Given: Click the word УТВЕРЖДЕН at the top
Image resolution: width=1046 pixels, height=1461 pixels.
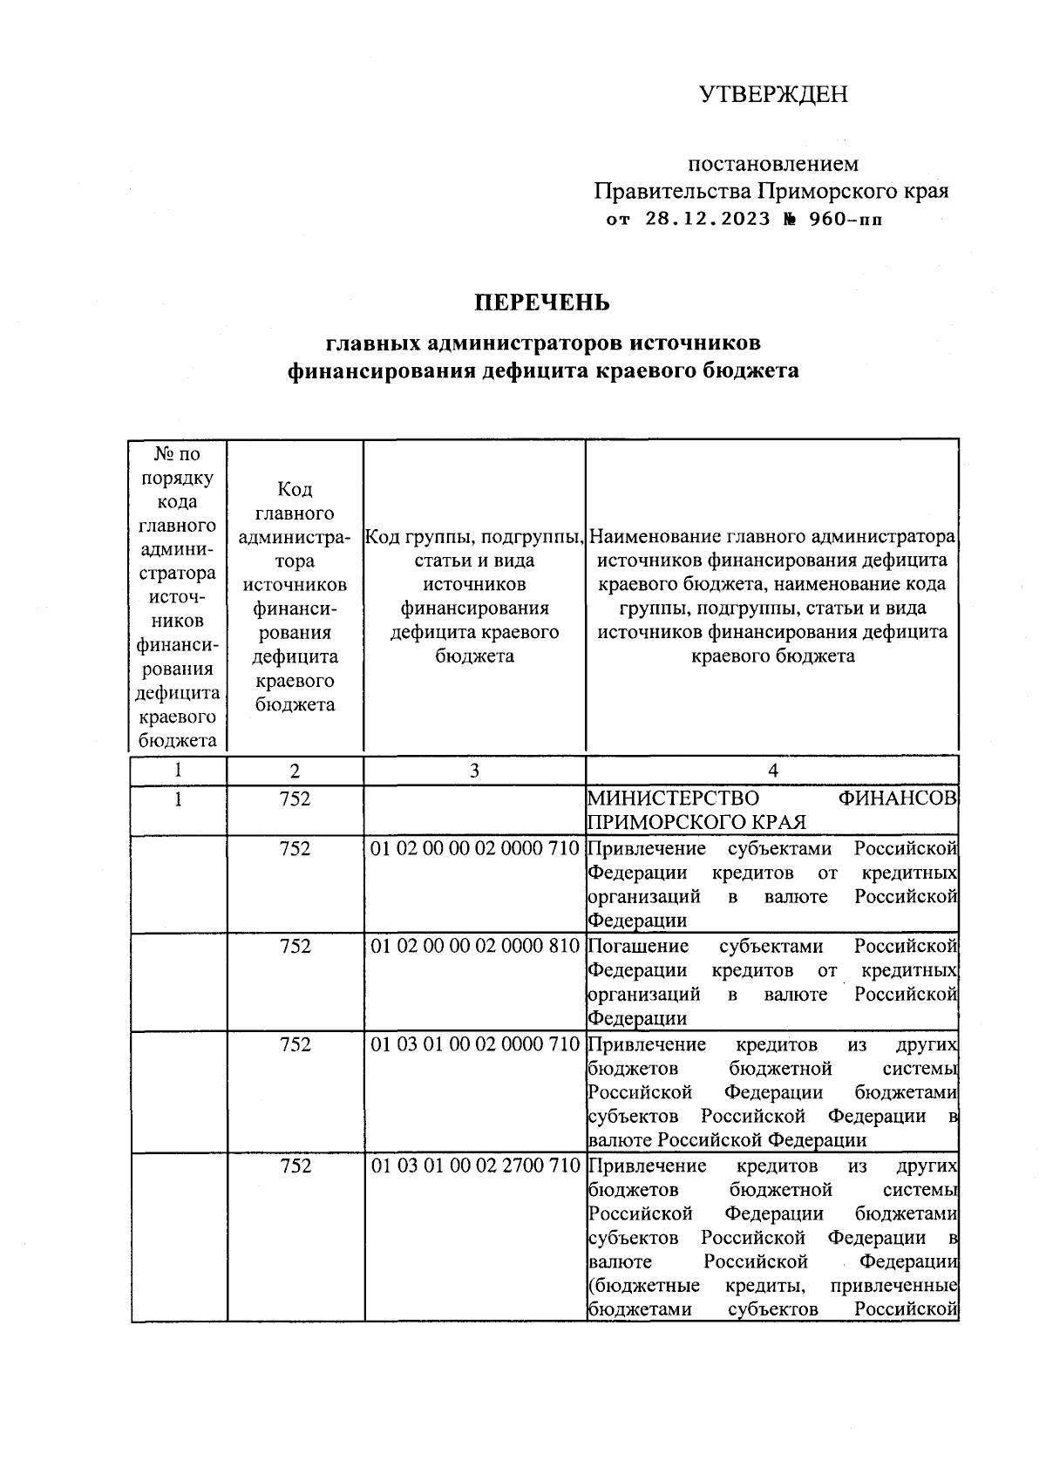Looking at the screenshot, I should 773,94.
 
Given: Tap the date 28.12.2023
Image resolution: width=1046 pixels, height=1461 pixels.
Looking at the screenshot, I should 708,219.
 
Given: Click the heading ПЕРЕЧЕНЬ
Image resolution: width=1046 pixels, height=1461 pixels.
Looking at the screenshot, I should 541,302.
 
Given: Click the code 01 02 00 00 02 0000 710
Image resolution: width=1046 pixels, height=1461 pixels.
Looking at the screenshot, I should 475,848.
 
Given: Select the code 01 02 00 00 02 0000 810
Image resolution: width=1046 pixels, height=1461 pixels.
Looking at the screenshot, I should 475,946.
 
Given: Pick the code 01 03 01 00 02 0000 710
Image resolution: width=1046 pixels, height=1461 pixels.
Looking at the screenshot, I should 475,1043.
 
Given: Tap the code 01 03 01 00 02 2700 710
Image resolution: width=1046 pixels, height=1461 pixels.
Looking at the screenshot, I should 475,1165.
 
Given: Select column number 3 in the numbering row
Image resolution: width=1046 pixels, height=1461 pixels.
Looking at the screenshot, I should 474,771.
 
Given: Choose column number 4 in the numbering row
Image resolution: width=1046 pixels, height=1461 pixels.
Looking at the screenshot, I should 772,771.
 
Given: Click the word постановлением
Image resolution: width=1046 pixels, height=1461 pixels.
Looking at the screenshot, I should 773,164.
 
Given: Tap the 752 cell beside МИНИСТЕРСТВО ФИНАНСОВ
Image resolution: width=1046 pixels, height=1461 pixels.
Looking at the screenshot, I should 295,798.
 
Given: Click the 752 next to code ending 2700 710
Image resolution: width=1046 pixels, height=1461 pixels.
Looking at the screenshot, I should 295,1165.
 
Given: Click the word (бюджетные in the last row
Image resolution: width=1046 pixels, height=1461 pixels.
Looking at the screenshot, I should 644,1286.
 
